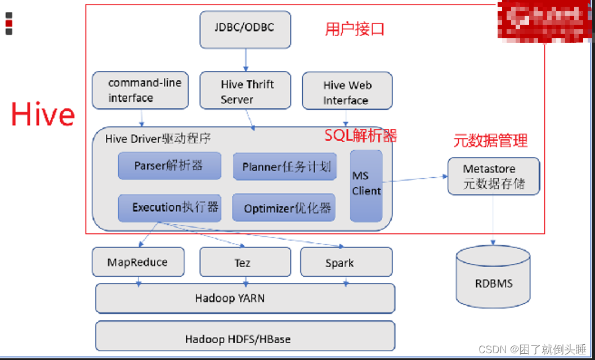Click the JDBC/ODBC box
[245, 29]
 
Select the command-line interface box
[140, 90]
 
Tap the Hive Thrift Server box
[245, 91]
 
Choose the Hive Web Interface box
[347, 91]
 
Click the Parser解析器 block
[169, 166]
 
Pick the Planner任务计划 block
[284, 167]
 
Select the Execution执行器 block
[169, 208]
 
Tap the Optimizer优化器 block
[284, 208]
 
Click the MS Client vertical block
[366, 185]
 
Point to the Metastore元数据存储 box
[493, 176]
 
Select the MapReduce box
[138, 262]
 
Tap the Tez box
[245, 263]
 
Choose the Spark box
[346, 263]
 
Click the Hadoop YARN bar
[245, 298]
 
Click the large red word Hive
[43, 114]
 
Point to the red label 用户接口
[355, 29]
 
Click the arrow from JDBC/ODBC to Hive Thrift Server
[245, 60]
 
